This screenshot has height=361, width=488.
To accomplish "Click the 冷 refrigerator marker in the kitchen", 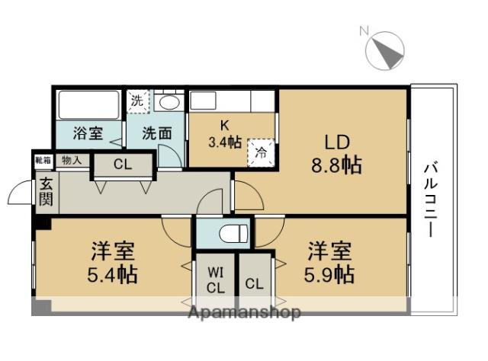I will pos(260,152).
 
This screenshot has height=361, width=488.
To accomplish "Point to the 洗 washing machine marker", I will pos(136,100).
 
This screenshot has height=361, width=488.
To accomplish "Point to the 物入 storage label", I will pos(72,161).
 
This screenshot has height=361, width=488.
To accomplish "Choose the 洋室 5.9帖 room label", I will pos(331,261).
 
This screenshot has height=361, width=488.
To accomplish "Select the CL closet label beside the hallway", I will pos(123,165).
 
